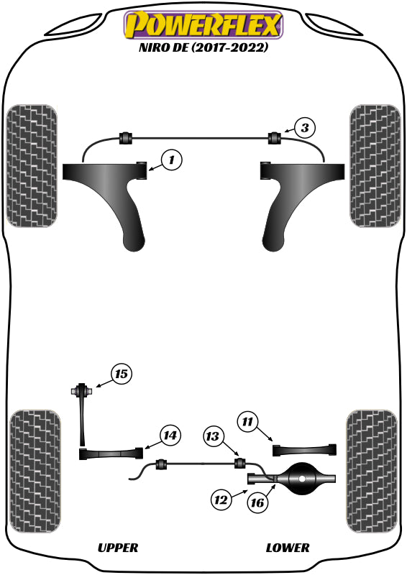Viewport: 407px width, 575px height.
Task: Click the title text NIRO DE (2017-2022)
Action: [x=203, y=49]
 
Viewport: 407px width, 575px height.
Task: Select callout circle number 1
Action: [x=171, y=160]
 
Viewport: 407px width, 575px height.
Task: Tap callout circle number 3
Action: [x=305, y=129]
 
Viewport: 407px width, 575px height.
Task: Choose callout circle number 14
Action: [x=170, y=436]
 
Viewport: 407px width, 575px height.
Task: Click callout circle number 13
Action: [x=213, y=436]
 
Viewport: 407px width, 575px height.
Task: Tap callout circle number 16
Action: [x=257, y=502]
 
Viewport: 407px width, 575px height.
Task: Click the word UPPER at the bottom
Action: [x=117, y=548]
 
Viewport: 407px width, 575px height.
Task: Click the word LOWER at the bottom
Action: [x=288, y=548]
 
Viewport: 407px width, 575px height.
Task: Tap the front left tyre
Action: [x=32, y=166]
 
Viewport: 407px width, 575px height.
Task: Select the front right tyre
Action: [x=375, y=166]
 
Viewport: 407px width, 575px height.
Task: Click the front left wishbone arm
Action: [x=115, y=194]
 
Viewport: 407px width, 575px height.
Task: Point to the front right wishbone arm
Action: [x=291, y=194]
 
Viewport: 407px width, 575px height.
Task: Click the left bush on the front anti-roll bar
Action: [x=127, y=137]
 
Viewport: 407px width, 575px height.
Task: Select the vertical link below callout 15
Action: [x=83, y=420]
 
